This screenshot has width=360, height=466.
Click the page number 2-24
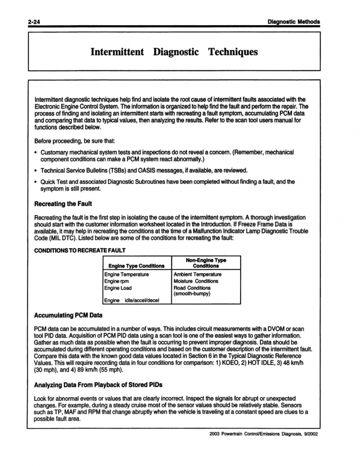(34, 22)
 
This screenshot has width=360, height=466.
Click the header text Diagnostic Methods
(294, 22)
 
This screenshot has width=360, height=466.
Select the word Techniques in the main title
(233, 52)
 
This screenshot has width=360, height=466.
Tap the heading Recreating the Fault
(63, 204)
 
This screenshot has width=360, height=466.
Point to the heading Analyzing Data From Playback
(98, 385)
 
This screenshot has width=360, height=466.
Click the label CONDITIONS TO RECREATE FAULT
(80, 250)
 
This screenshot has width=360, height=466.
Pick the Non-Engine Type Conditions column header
(206, 263)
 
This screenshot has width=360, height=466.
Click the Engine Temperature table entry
(126, 275)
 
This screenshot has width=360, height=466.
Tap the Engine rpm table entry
(116, 281)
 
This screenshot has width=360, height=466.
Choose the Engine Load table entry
(118, 288)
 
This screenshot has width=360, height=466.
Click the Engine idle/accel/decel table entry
(132, 300)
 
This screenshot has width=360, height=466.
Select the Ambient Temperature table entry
(197, 275)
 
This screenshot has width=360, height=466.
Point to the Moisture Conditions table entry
(196, 281)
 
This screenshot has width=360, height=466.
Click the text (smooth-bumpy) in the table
(192, 294)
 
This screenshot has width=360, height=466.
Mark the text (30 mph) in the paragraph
(47, 370)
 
